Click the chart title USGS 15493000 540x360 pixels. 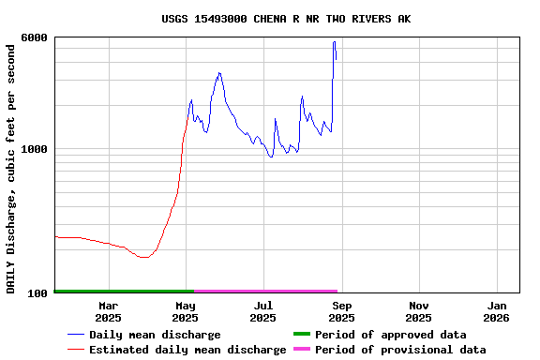(x=285, y=19)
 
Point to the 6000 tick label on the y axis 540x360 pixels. (x=35, y=37)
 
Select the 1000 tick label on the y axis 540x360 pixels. (x=35, y=149)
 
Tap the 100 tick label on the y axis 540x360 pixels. (x=38, y=293)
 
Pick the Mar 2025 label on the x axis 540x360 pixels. (x=109, y=311)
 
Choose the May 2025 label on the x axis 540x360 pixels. (x=186, y=311)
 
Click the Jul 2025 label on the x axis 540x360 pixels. (x=263, y=311)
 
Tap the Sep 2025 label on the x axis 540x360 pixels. (x=342, y=311)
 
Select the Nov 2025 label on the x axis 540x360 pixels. (x=419, y=311)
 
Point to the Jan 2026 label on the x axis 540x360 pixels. (x=497, y=311)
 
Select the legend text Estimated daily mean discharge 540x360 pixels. (x=187, y=350)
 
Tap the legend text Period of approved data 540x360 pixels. (x=390, y=335)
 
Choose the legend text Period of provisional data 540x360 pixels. (x=400, y=350)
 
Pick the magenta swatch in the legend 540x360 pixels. (x=301, y=350)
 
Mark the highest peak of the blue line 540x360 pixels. (x=334, y=42)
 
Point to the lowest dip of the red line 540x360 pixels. (x=143, y=257)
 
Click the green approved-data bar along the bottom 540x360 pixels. (x=124, y=292)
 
